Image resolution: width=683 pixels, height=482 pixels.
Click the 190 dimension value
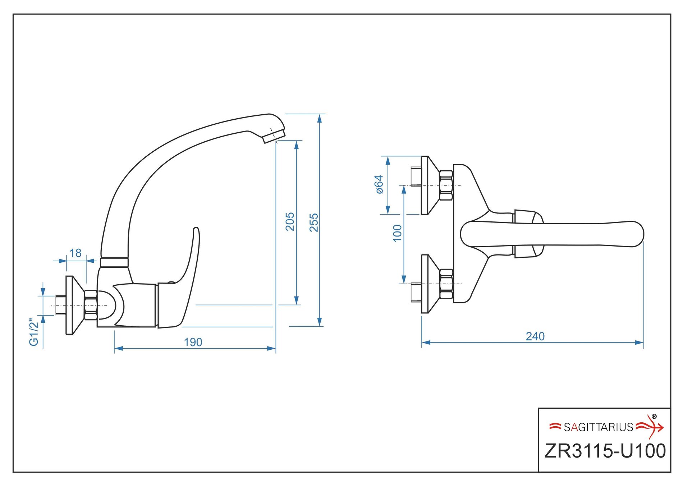193,342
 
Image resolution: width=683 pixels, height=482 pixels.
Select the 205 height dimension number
290,221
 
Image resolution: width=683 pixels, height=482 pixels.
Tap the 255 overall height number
314,222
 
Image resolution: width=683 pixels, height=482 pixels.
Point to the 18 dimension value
75,253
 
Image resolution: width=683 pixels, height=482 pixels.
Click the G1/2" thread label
34,332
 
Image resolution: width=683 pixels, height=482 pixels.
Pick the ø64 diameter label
379,184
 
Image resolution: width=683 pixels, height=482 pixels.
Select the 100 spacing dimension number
397,233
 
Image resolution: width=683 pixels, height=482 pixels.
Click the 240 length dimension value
535,336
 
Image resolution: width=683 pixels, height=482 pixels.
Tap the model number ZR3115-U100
605,451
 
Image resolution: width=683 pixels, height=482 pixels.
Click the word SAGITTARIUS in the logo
599,427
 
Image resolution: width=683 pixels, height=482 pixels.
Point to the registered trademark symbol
654,417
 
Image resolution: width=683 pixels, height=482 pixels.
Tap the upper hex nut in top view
446,185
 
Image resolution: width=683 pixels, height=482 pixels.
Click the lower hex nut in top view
446,284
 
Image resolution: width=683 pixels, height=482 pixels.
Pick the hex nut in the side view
91,305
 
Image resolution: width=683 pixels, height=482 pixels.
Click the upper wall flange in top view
430,185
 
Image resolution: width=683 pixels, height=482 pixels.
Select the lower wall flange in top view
430,284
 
